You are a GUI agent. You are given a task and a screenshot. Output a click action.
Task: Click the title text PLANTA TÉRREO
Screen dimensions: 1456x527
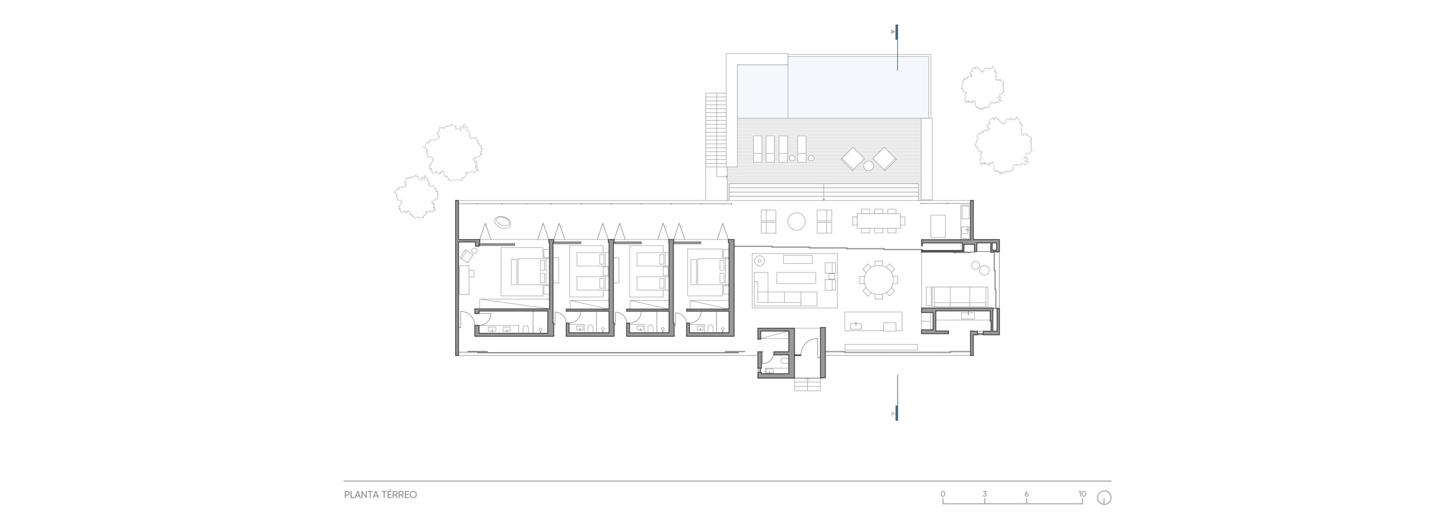(x=381, y=495)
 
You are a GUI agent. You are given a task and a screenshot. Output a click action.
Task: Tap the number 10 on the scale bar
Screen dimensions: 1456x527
(x=1082, y=493)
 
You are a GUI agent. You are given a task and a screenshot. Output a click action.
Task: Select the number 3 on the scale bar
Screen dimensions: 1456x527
(x=985, y=493)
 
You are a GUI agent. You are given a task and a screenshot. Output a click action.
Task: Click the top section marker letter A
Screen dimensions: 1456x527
(x=893, y=32)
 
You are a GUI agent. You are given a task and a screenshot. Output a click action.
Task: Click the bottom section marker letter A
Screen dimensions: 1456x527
(x=893, y=414)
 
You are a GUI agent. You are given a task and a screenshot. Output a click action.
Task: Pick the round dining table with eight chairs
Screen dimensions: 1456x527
(x=878, y=279)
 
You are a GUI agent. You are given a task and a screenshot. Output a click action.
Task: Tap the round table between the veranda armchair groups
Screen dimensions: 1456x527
(x=796, y=221)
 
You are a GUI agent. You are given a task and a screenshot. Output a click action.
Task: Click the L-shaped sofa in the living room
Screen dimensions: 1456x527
(x=780, y=291)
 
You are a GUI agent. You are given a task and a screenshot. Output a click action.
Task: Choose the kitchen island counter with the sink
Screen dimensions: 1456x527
(x=873, y=321)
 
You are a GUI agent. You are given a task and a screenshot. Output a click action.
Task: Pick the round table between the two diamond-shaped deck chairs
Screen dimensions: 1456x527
(x=869, y=166)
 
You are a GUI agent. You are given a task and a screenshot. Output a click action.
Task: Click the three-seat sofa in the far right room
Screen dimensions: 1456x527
(x=957, y=296)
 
